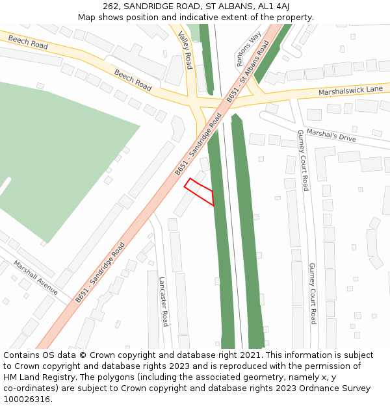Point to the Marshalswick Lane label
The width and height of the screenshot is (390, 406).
350,90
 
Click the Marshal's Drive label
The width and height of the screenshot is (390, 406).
331,134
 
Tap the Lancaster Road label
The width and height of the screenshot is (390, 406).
164,301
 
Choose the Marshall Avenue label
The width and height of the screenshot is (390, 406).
36,277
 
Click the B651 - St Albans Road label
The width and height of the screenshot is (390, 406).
247,70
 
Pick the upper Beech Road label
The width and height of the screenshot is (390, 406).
28,43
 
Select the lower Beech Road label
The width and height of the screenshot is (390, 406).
133,81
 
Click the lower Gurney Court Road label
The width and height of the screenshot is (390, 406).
312,293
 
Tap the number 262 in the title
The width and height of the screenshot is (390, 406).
110,6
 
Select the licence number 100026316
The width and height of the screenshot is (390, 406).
27,400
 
